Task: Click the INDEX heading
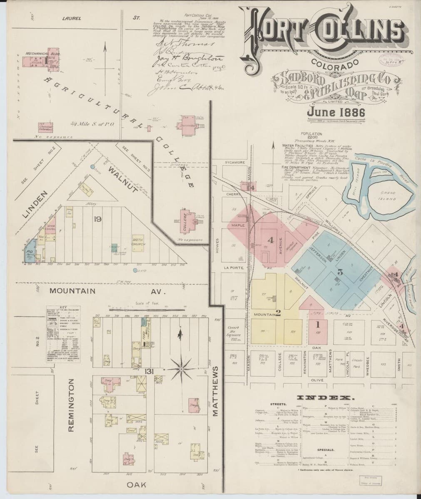(324, 396)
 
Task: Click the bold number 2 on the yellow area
(278, 314)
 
